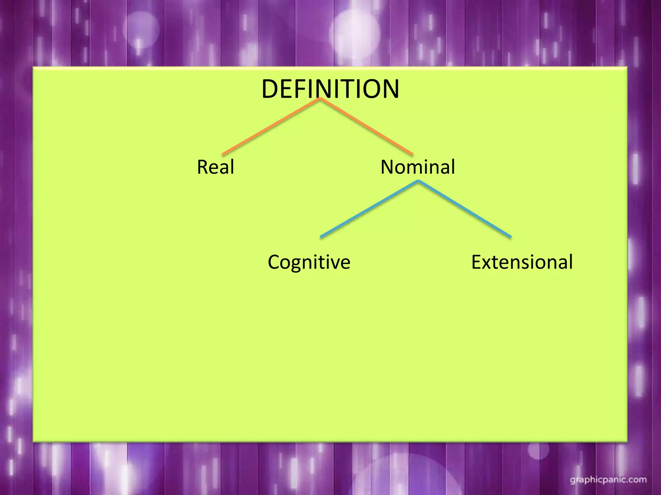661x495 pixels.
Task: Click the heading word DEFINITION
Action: [x=330, y=89]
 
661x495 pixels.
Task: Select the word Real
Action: [x=216, y=167]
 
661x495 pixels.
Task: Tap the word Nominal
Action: [x=418, y=167]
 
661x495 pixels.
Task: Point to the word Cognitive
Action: [x=309, y=262]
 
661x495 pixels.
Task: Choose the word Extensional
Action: [x=522, y=262]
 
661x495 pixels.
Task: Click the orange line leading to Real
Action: [x=271, y=126]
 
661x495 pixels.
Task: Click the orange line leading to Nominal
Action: [x=367, y=126]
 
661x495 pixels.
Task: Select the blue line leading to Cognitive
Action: [x=369, y=209]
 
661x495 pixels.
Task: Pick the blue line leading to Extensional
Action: [x=465, y=209]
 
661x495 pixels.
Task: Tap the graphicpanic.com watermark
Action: [x=608, y=480]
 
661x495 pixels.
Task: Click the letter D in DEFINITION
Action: [x=270, y=89]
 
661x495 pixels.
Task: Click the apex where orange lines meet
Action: [x=320, y=99]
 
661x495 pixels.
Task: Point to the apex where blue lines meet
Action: [x=419, y=181]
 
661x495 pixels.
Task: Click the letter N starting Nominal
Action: [x=388, y=167]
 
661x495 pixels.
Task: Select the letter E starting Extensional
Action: [x=477, y=262]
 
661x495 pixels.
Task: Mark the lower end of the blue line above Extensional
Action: [x=510, y=237]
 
